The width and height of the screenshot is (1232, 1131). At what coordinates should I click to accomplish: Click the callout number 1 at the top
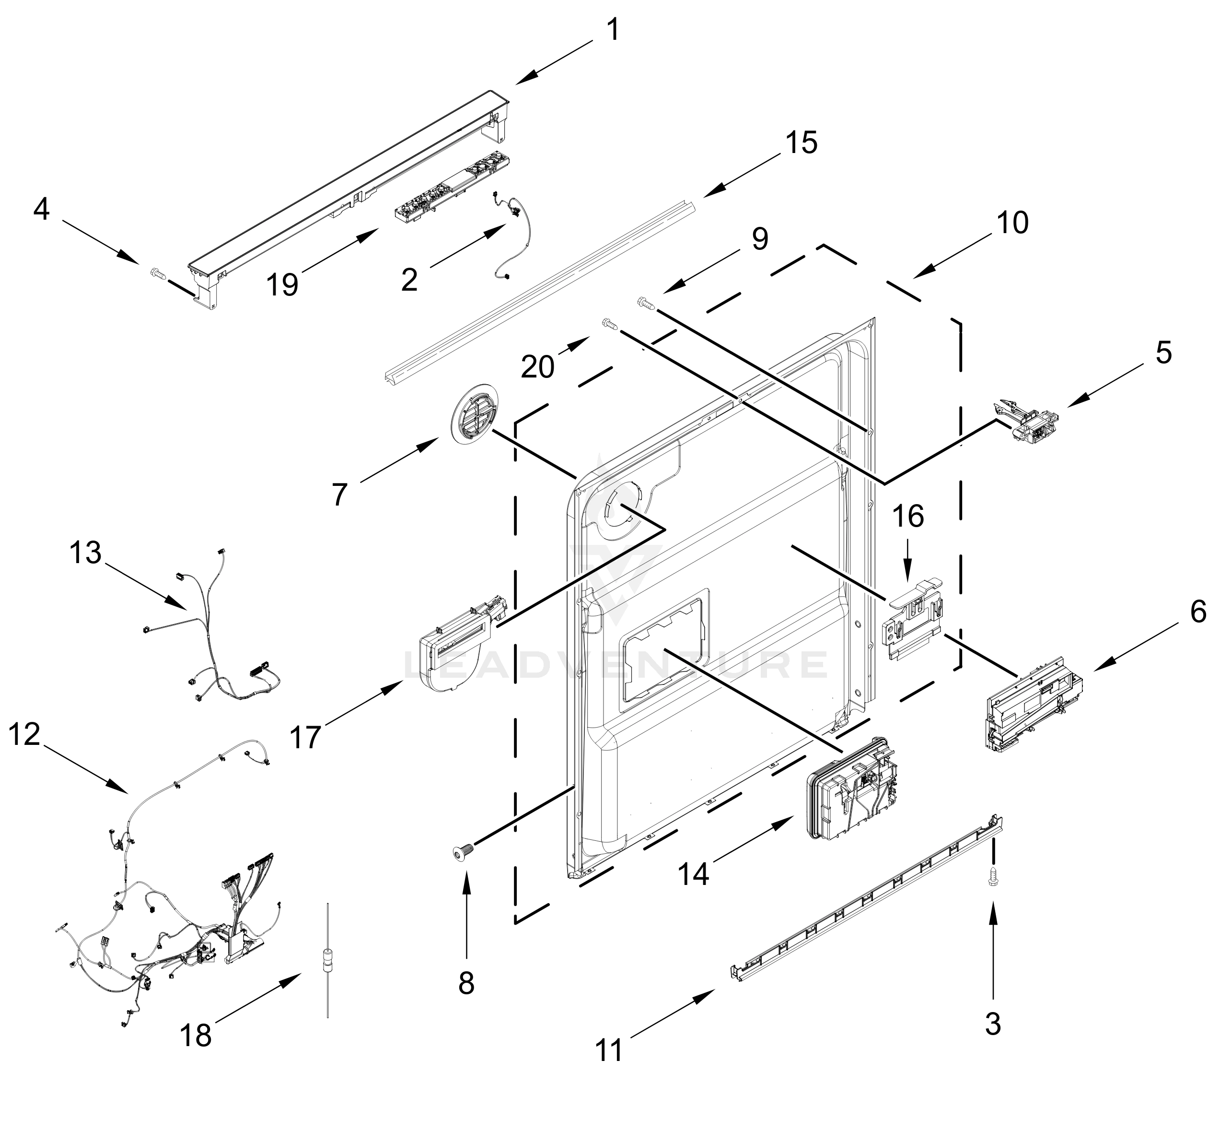click(612, 31)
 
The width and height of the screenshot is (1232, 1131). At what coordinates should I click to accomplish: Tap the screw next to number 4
click(158, 273)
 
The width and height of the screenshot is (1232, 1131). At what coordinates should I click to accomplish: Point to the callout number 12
click(24, 734)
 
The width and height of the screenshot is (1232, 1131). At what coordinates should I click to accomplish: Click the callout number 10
click(1012, 224)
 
